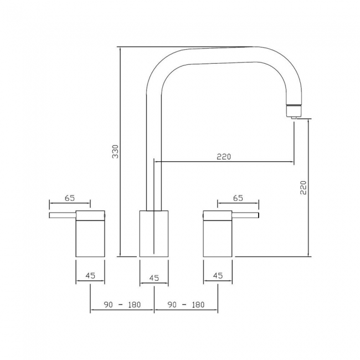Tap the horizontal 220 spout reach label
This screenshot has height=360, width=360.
click(x=224, y=157)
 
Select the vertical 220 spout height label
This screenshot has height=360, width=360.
click(x=303, y=189)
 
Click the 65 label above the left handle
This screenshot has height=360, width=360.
click(x=69, y=198)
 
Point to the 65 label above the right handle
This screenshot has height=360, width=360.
click(x=238, y=198)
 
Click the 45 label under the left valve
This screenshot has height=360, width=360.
click(x=91, y=276)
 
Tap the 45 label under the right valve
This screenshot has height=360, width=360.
click(x=217, y=276)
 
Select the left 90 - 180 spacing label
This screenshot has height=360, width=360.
click(x=122, y=305)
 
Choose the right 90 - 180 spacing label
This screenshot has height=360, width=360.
click(x=186, y=305)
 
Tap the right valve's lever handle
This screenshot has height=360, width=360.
click(x=246, y=215)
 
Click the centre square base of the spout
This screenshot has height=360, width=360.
click(x=154, y=234)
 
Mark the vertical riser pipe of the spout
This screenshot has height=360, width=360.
click(x=154, y=155)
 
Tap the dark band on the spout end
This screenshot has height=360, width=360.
click(x=294, y=106)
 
